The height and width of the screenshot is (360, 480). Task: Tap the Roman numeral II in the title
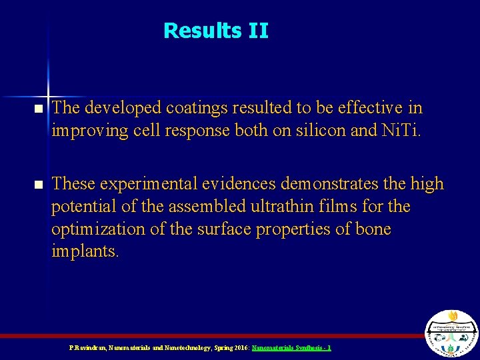point(257,31)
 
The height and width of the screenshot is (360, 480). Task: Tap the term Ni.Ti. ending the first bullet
point(399,131)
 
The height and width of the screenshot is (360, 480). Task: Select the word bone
point(373,229)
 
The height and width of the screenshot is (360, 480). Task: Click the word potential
point(85,207)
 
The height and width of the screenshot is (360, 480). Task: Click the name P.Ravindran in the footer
point(87,348)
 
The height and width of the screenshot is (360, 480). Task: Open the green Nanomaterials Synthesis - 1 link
point(291,348)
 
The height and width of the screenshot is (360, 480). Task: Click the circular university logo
point(451,334)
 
